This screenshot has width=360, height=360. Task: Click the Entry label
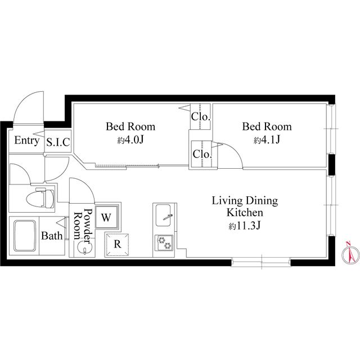[26, 141]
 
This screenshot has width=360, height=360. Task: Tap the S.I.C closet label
[58, 142]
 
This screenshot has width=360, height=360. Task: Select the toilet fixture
[40, 198]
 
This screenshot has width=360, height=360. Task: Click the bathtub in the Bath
[25, 236]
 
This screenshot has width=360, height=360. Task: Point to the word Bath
[52, 236]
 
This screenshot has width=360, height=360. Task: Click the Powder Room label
[83, 224]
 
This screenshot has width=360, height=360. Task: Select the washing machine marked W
[106, 217]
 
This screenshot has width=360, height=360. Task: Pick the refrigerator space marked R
[117, 244]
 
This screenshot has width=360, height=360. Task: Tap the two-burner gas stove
[164, 243]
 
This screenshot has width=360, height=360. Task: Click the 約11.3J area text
[245, 226]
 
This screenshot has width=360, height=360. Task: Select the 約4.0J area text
[130, 139]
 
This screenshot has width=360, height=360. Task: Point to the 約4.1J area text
[267, 139]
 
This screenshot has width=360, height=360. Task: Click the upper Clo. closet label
[201, 117]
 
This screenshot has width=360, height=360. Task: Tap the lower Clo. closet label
[202, 154]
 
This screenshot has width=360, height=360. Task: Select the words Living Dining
[245, 201]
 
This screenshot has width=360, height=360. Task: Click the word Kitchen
[245, 213]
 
